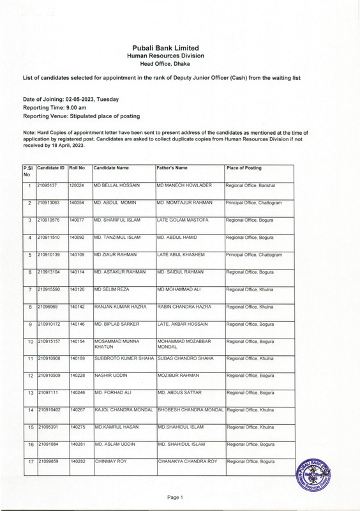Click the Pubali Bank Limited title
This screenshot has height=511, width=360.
179,48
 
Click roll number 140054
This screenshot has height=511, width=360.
77,202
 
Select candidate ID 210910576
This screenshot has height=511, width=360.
50,220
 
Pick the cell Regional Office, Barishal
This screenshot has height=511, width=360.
250,185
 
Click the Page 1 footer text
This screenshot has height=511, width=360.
175,497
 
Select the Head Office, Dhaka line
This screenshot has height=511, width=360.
179,65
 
